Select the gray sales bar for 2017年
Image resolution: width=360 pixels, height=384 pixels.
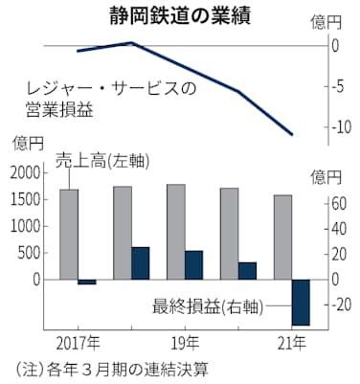[69, 235]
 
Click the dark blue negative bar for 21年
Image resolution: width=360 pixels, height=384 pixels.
[301, 303]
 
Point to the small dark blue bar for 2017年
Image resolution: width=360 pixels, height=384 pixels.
[87, 282]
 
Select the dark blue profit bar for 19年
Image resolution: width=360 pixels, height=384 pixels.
[194, 264]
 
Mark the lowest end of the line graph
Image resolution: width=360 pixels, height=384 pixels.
[293, 135]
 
